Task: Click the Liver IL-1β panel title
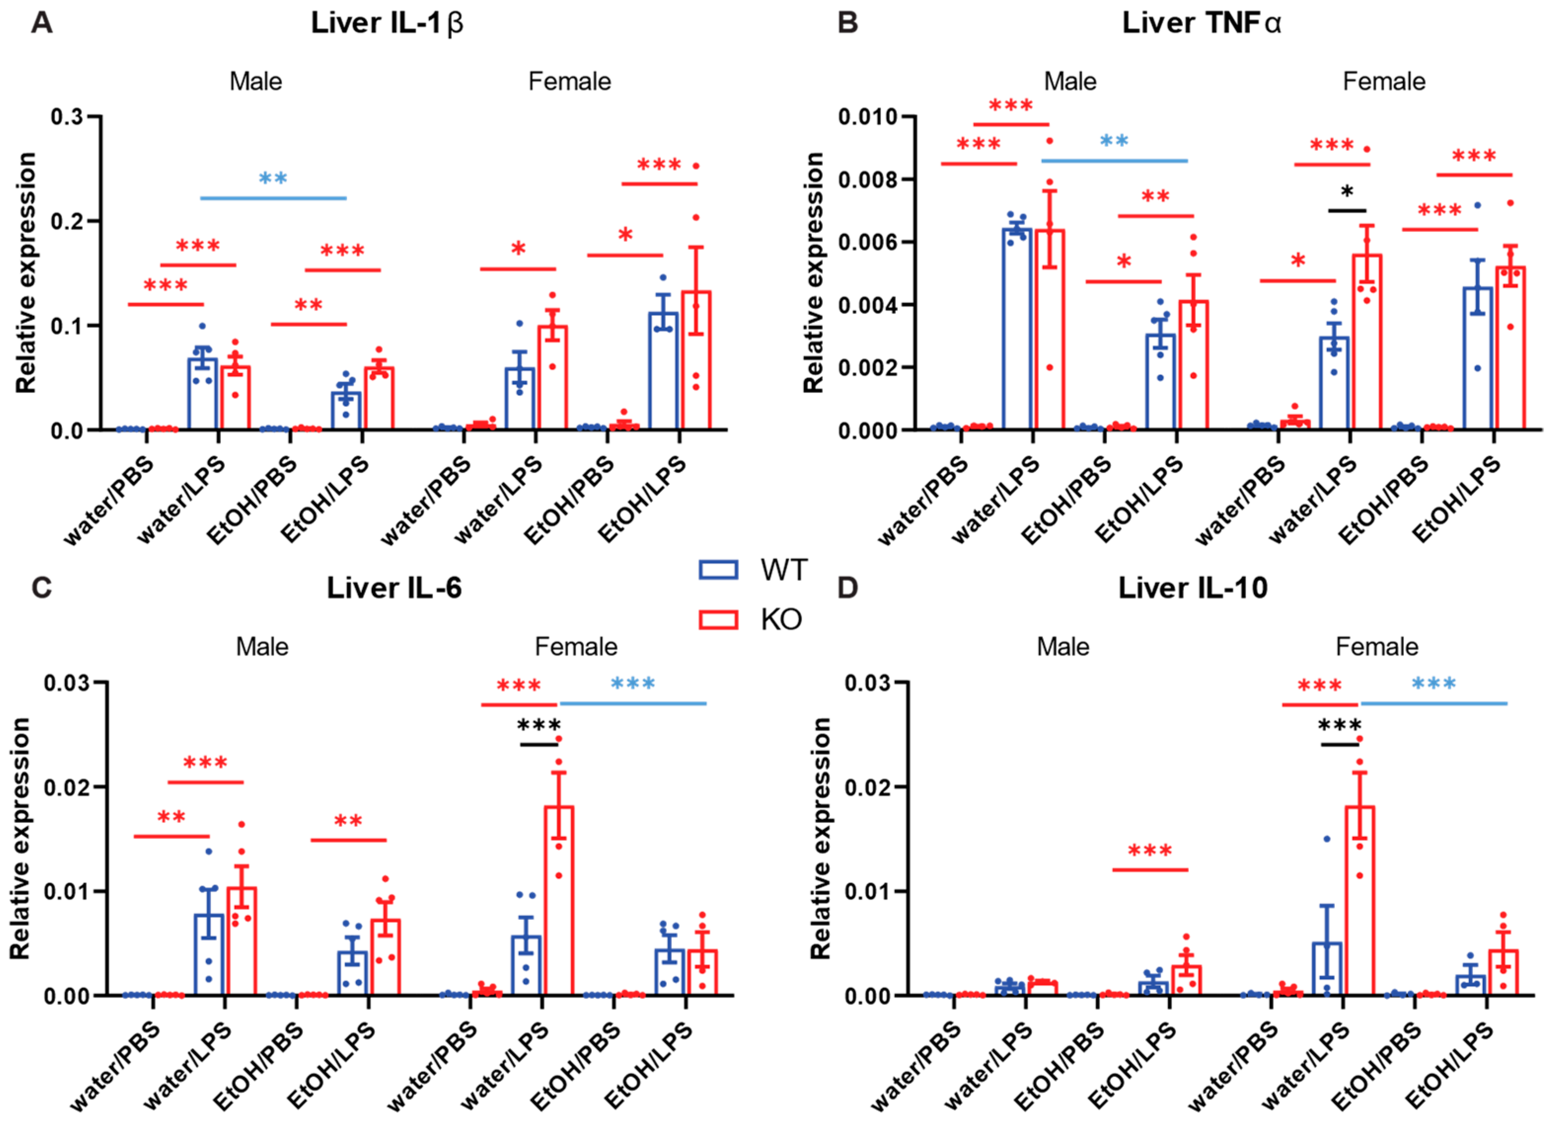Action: pyautogui.click(x=387, y=23)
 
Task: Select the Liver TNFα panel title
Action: pyautogui.click(x=1201, y=23)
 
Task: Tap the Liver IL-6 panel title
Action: pyautogui.click(x=394, y=588)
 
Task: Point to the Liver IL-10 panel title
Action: pyautogui.click(x=1192, y=588)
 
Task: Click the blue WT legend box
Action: pyautogui.click(x=718, y=570)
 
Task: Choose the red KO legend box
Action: pyautogui.click(x=718, y=620)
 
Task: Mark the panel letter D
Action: pyautogui.click(x=848, y=588)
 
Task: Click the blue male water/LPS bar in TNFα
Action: pyautogui.click(x=1017, y=329)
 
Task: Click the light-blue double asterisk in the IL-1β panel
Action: pyautogui.click(x=273, y=180)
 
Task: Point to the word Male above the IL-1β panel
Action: pyautogui.click(x=256, y=82)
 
